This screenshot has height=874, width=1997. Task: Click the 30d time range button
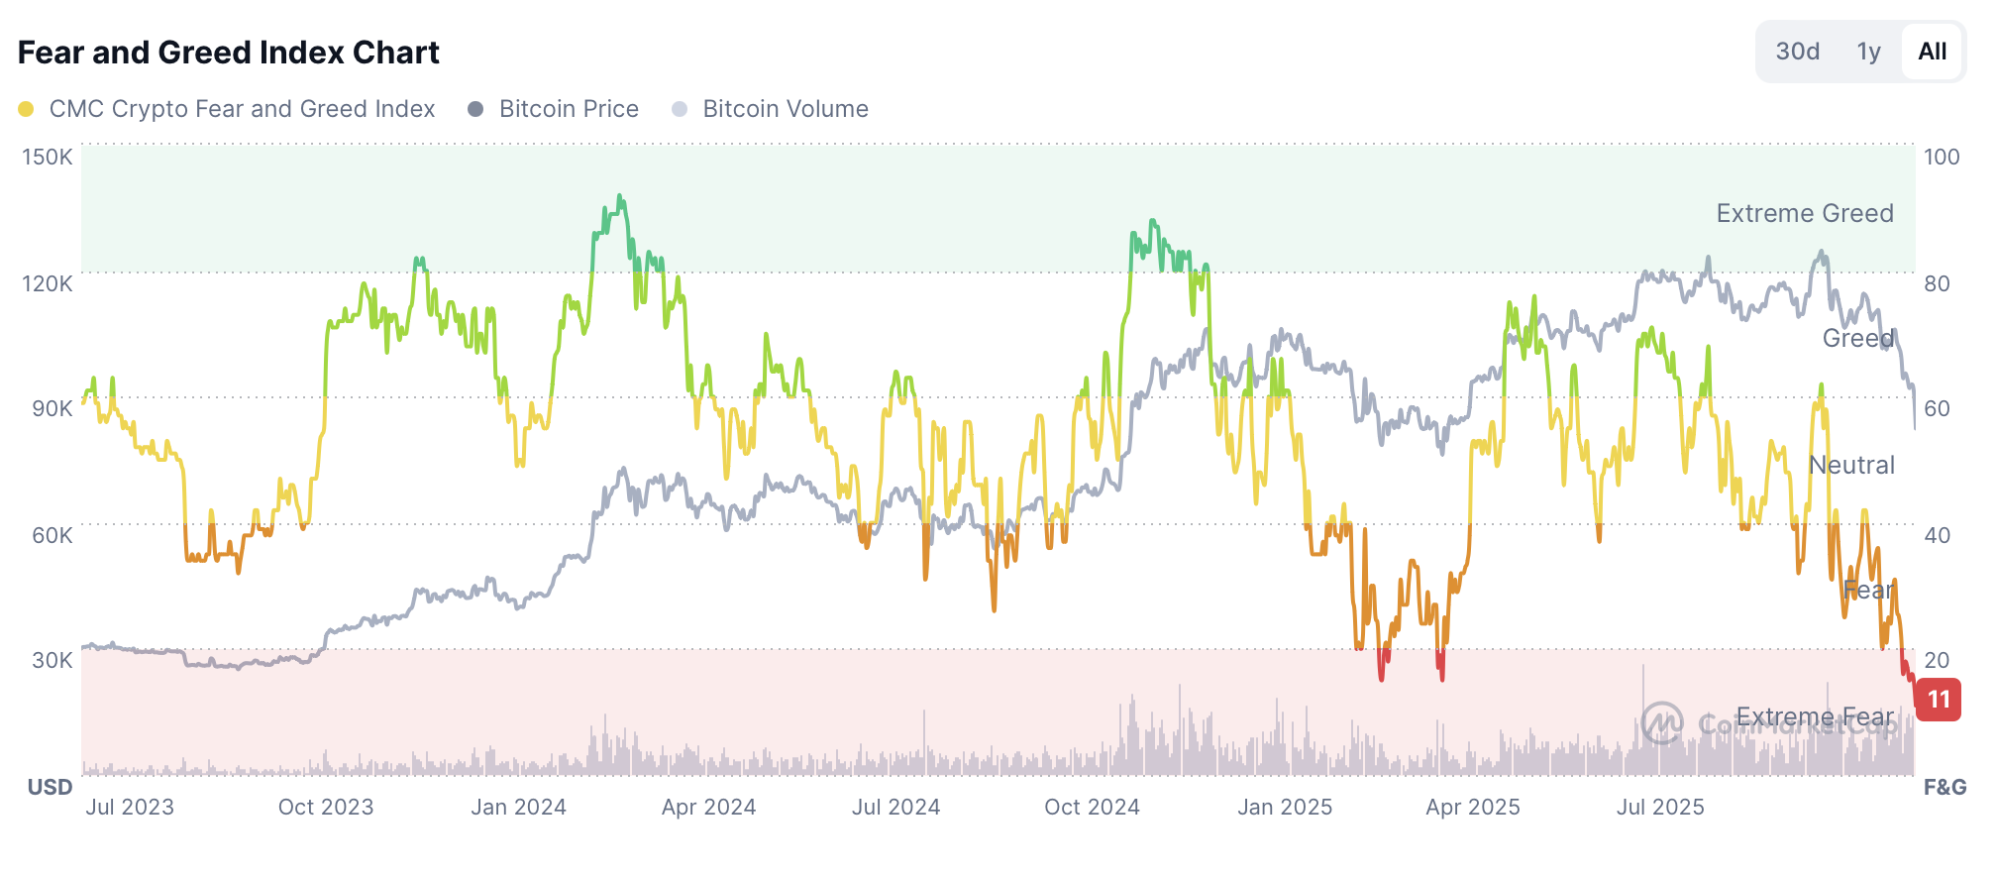point(1797,52)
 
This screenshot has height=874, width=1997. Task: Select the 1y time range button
point(1868,52)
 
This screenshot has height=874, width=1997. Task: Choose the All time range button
point(1932,52)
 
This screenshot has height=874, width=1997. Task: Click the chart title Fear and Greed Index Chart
point(228,53)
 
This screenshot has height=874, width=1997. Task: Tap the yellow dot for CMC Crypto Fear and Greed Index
point(27,109)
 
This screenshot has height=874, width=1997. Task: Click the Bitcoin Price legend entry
point(569,109)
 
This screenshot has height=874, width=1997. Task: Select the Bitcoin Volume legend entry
point(785,109)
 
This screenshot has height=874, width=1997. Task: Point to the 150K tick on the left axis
point(48,157)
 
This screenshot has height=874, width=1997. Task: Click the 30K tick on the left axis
point(52,660)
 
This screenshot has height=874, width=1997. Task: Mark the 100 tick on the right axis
point(1942,157)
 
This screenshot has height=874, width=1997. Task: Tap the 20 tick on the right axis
point(1937,660)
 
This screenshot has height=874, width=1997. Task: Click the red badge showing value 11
point(1939,700)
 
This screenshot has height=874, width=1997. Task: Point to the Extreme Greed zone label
point(1805,213)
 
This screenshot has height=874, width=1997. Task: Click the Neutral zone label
point(1851,465)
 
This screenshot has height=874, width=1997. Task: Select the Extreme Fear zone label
point(1815,716)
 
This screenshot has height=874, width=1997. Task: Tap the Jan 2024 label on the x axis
point(518,807)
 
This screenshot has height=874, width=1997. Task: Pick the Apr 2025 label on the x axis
point(1472,807)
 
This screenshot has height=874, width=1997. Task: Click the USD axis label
point(50,787)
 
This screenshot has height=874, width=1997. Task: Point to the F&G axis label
point(1944,787)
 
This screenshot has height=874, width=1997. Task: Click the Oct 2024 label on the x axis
point(1092,807)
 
